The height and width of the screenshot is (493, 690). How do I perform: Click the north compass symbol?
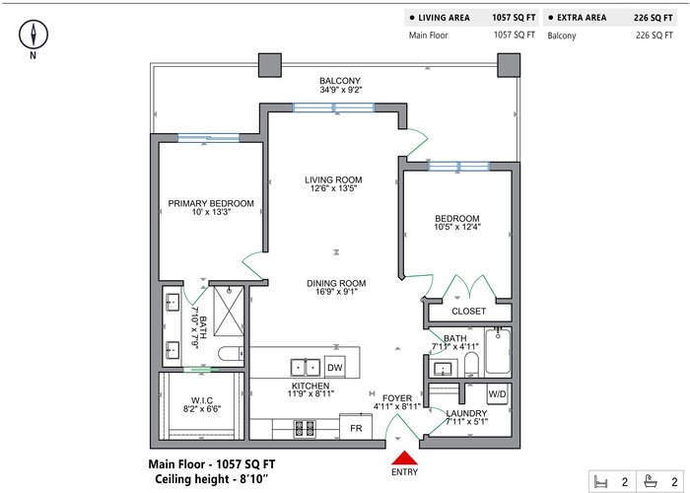[x=34, y=35]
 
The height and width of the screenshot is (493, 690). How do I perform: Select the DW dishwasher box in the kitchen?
[x=335, y=367]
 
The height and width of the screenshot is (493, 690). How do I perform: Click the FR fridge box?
[x=356, y=427]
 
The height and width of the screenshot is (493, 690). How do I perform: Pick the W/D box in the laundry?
[x=497, y=394]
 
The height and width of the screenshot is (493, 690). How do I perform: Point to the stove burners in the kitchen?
[x=305, y=429]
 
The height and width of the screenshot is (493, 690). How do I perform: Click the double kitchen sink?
[x=306, y=368]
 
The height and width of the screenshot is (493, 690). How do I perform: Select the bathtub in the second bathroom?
[x=498, y=352]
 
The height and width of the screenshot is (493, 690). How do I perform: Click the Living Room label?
[x=333, y=180]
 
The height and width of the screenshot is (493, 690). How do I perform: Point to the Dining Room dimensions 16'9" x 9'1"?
[x=336, y=292]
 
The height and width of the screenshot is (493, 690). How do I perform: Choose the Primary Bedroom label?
[x=211, y=203]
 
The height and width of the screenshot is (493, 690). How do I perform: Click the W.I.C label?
[x=202, y=400]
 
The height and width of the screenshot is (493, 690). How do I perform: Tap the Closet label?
[x=468, y=312]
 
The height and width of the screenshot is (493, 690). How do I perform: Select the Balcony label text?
[x=340, y=81]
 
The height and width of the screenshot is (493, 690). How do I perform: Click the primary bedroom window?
[x=209, y=138]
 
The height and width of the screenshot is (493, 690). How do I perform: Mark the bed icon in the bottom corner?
[x=600, y=481]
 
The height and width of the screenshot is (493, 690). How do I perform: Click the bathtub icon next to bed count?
[x=651, y=481]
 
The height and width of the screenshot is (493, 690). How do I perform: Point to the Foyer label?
[x=397, y=398]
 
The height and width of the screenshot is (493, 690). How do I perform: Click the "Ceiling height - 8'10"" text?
[x=211, y=479]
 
